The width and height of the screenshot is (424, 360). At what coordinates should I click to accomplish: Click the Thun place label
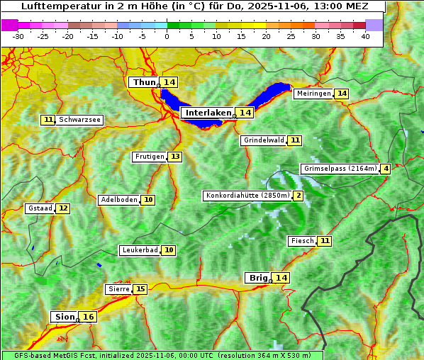pos(144,83)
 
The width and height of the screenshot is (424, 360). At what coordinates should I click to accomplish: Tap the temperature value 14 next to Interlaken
pos(245,113)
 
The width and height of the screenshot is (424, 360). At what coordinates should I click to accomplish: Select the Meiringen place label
pos(313,94)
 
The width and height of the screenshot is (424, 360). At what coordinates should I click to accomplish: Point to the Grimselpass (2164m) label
pos(340,169)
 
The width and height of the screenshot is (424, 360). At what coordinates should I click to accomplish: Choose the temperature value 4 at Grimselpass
pos(385,169)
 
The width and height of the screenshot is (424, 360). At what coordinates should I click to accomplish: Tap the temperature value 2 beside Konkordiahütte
pos(298,196)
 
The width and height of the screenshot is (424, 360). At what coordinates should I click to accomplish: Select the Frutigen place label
pos(150,157)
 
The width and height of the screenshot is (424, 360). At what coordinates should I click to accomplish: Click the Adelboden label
pos(118,200)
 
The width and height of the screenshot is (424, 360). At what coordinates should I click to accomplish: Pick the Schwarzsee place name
pos(79,120)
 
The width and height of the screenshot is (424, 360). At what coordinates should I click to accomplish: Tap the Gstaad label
pos(40,208)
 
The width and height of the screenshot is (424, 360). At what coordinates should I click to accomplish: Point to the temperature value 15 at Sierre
pos(140,289)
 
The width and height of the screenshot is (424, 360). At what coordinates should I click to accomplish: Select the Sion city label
pos(64,317)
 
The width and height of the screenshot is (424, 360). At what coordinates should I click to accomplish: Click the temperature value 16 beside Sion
pos(88,317)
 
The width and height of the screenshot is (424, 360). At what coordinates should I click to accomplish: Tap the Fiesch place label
pos(302,241)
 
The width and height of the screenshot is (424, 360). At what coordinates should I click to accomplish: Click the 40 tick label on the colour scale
pos(365,35)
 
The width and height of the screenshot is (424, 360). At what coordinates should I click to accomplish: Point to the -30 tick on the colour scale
pos(18,35)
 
